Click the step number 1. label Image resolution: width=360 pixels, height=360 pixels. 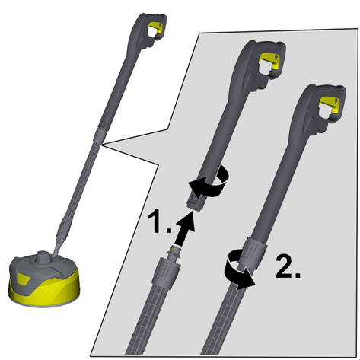click(159, 221)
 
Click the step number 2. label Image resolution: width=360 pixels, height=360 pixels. click(288, 266)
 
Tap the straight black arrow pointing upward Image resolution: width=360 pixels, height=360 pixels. click(185, 228)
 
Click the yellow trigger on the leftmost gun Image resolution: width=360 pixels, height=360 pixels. click(155, 28)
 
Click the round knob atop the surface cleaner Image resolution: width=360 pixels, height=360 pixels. click(43, 256)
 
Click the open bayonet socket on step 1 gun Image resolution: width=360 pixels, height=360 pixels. click(195, 202)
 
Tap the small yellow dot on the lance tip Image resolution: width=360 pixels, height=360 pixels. click(173, 250)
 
